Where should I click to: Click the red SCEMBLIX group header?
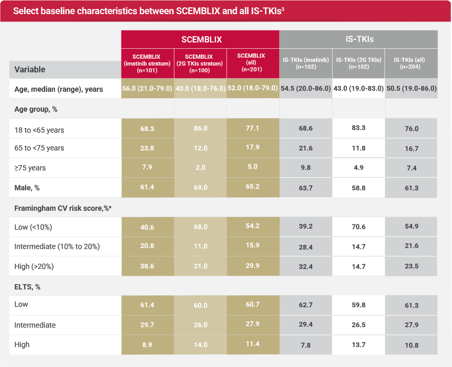[x=201, y=39]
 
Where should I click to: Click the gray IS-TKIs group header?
[x=359, y=39]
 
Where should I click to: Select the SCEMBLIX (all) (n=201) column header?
[x=251, y=63]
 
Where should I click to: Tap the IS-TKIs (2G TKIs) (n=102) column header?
[x=359, y=63]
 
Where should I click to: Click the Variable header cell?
[x=30, y=69]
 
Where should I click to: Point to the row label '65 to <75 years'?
[x=39, y=148]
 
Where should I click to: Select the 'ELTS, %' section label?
[x=28, y=287]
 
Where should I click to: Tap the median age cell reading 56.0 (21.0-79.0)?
[x=147, y=89]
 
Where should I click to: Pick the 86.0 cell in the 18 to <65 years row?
[x=201, y=128]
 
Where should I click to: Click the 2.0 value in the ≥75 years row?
[x=201, y=168]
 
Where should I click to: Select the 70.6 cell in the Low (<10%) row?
[x=358, y=227]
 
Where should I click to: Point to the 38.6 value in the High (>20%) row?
[x=147, y=267]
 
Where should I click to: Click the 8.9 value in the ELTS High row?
[x=147, y=345]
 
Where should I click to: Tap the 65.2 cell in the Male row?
[x=252, y=187]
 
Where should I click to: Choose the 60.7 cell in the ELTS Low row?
[x=252, y=305]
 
